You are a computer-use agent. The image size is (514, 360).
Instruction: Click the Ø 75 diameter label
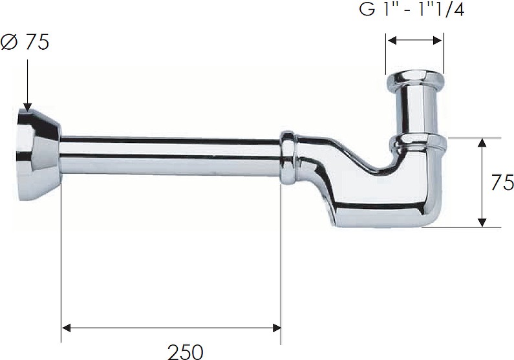(x=25, y=42)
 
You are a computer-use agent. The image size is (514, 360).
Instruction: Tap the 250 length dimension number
(x=186, y=352)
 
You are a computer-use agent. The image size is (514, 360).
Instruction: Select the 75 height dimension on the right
(x=502, y=182)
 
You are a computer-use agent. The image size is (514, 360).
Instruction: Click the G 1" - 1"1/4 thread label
(x=412, y=10)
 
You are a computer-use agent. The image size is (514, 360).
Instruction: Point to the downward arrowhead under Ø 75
(x=28, y=107)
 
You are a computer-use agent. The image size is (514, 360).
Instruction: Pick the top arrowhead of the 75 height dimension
(x=482, y=143)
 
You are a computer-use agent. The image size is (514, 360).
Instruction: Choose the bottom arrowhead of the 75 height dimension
(x=482, y=222)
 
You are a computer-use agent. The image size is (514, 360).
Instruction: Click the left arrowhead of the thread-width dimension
(x=392, y=40)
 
